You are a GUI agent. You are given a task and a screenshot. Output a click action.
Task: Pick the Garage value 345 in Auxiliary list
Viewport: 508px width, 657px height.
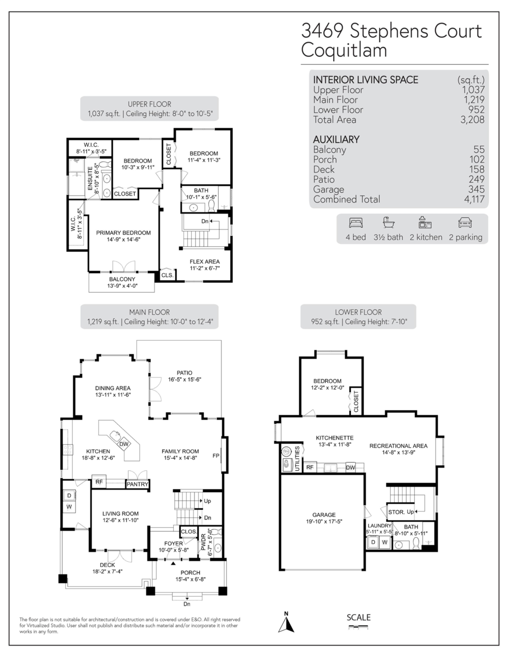[476, 189]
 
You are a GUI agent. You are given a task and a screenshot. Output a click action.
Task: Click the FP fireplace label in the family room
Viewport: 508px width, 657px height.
[224, 454]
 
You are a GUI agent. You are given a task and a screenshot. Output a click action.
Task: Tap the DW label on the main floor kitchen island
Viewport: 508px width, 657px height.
[124, 444]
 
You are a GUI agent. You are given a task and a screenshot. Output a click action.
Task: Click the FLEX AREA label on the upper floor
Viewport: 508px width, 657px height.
[204, 262]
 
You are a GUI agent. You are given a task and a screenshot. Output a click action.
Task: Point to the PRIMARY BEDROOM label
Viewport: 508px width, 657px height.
[123, 233]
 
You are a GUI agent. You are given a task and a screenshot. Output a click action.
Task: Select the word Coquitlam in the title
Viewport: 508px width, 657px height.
[344, 50]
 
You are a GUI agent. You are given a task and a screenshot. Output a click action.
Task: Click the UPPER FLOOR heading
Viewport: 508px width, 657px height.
[149, 104]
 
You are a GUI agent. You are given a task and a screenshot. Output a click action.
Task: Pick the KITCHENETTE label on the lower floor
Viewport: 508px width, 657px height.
[334, 438]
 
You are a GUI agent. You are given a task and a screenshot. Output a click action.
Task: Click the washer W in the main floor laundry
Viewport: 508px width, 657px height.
[70, 507]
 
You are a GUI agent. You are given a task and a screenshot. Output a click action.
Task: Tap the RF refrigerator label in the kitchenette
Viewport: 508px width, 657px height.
[310, 468]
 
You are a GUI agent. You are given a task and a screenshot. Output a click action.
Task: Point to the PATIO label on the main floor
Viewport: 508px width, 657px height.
[184, 373]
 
